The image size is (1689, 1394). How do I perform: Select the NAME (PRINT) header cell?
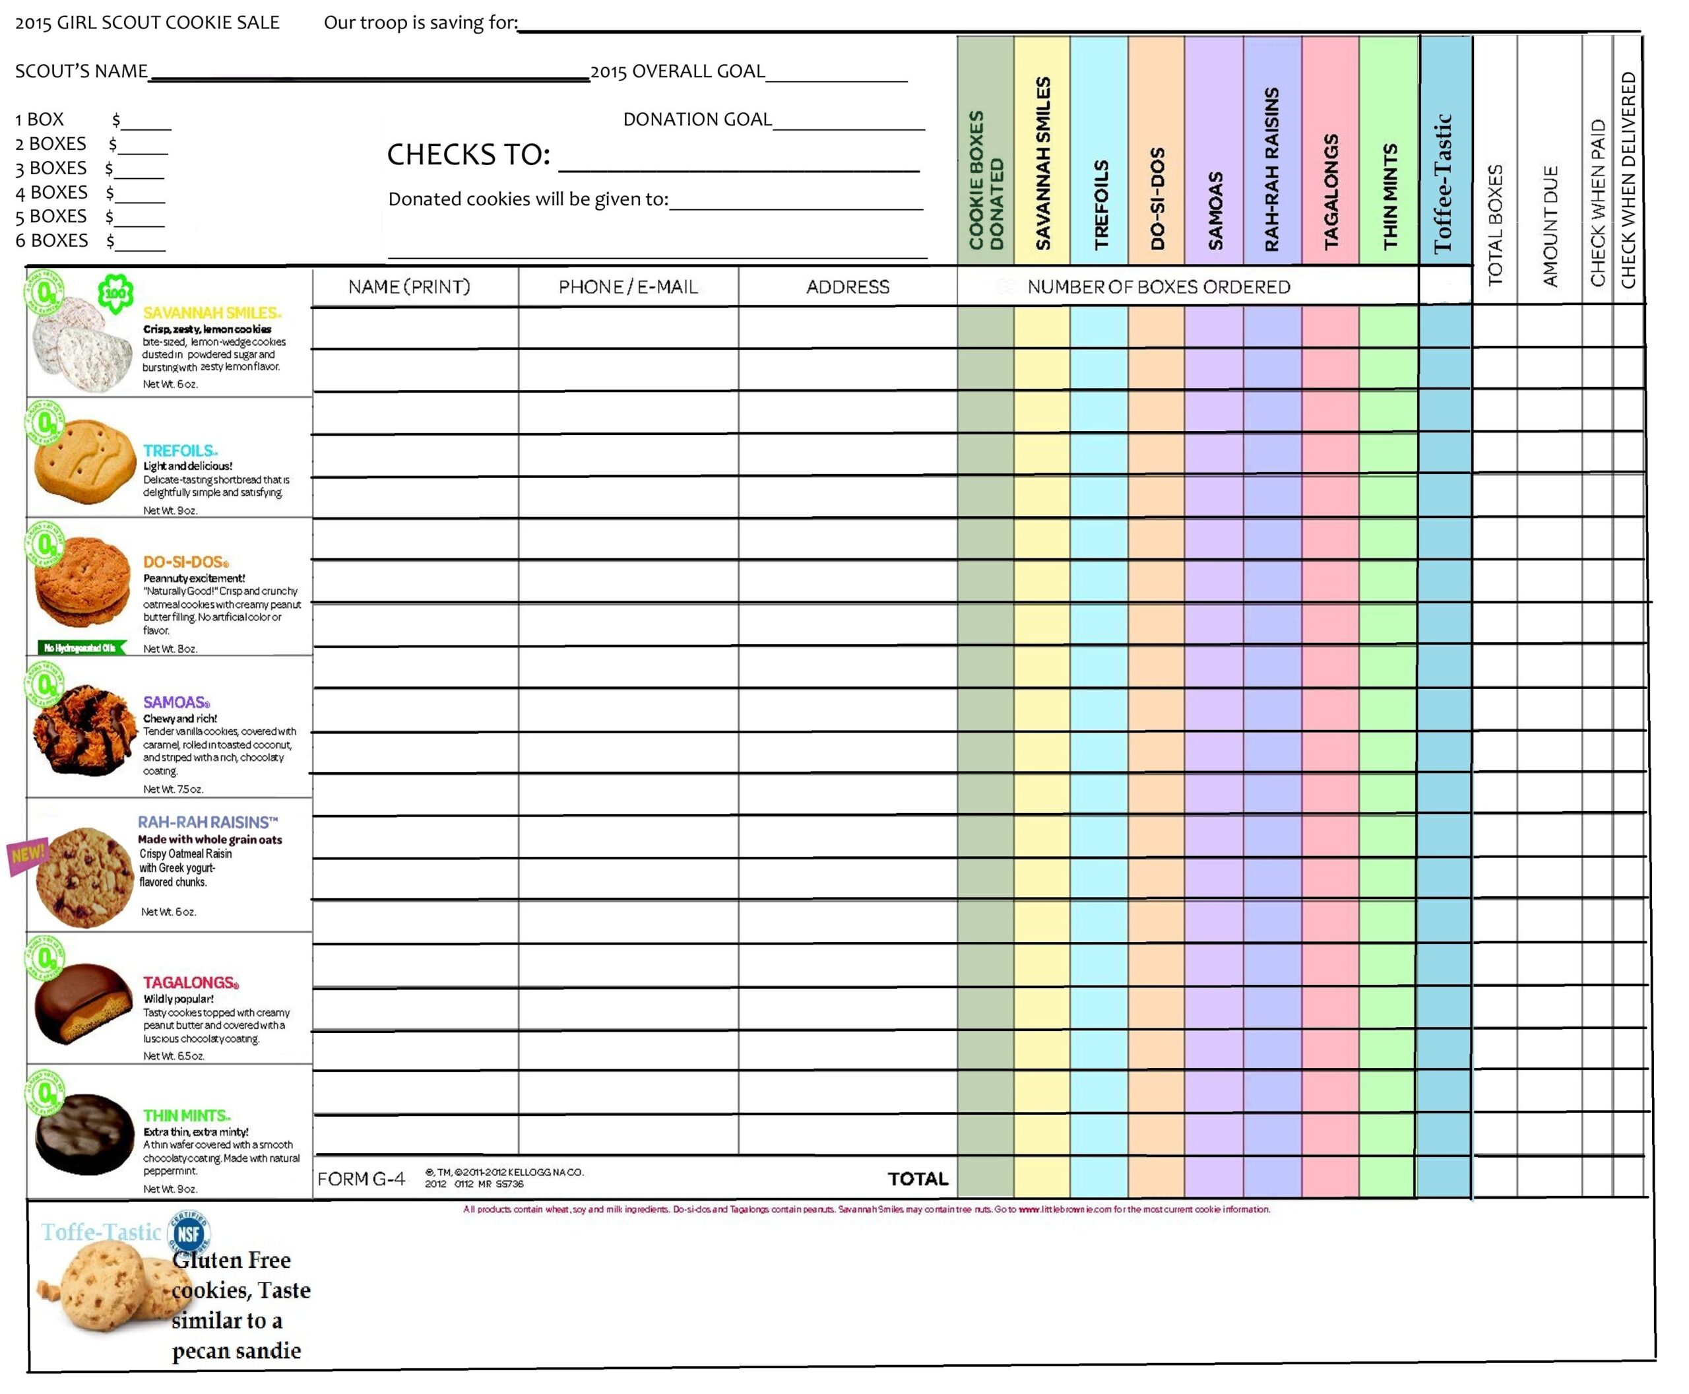pos(408,286)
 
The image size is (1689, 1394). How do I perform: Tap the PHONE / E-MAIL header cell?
pos(627,286)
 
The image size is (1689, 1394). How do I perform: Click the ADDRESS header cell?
pos(847,286)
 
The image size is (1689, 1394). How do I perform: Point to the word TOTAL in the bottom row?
pos(918,1178)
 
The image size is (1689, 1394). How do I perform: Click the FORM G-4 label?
pos(362,1179)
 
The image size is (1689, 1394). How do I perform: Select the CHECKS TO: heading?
pos(468,154)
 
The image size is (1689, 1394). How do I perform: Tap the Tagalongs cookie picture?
pos(82,1003)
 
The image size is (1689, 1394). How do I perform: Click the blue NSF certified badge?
pos(188,1234)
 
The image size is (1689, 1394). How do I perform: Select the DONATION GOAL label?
pos(697,119)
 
